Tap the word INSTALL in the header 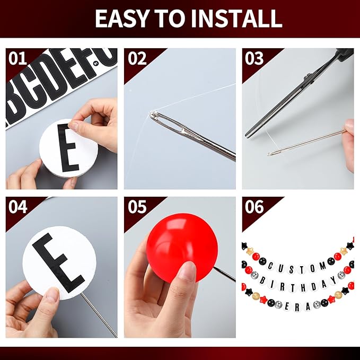tap(236, 19)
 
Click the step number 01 tap(17, 58)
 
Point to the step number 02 tap(137, 58)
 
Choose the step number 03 tap(254, 58)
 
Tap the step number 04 tap(17, 207)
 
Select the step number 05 tap(137, 207)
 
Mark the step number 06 tap(254, 207)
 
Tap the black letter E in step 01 tap(68, 148)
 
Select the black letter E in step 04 tap(58, 262)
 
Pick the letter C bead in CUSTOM tap(271, 266)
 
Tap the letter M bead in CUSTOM tap(322, 266)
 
